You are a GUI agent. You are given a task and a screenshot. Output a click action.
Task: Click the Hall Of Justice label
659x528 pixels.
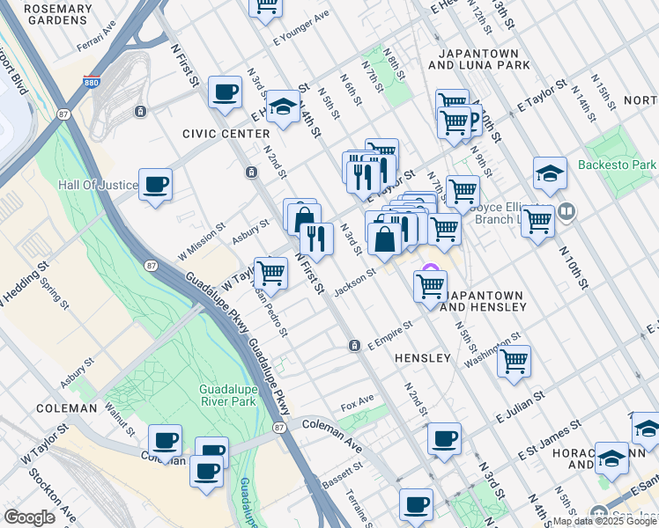pos(98,186)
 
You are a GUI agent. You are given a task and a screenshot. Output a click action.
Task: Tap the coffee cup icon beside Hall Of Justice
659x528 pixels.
pos(156,185)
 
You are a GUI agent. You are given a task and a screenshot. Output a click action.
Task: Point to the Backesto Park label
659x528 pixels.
pos(617,165)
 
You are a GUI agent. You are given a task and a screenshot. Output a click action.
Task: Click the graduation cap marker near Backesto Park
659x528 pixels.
pos(550,173)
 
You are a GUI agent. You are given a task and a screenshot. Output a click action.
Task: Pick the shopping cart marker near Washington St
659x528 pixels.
pos(514,360)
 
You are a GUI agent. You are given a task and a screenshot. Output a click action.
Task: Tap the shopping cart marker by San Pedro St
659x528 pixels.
pos(270,273)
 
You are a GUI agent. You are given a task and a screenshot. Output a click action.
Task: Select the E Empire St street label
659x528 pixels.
pos(390,336)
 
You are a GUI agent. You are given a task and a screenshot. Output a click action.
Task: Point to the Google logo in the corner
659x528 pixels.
pos(29,517)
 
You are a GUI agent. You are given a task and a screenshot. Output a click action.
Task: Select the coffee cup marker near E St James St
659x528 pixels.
pos(444,437)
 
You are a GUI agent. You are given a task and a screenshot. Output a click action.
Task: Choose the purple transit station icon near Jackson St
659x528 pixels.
pos(430,269)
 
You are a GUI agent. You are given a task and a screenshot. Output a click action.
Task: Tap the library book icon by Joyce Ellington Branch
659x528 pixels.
pos(566,212)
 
